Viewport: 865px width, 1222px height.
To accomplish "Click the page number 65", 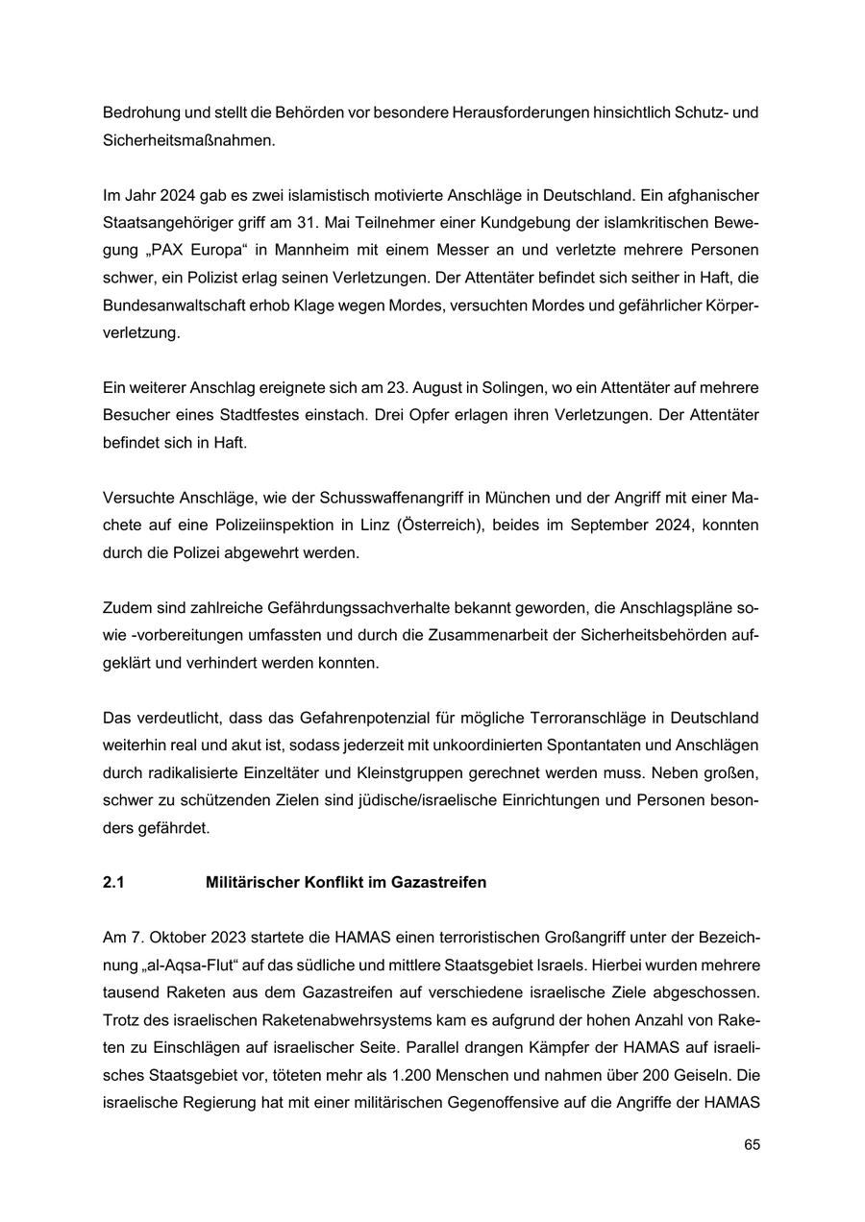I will [x=751, y=1145].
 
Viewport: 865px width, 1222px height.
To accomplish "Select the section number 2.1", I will [x=113, y=882].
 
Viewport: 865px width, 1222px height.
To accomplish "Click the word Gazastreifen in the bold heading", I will [x=437, y=882].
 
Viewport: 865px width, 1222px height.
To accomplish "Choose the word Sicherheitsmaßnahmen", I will [x=189, y=139].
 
